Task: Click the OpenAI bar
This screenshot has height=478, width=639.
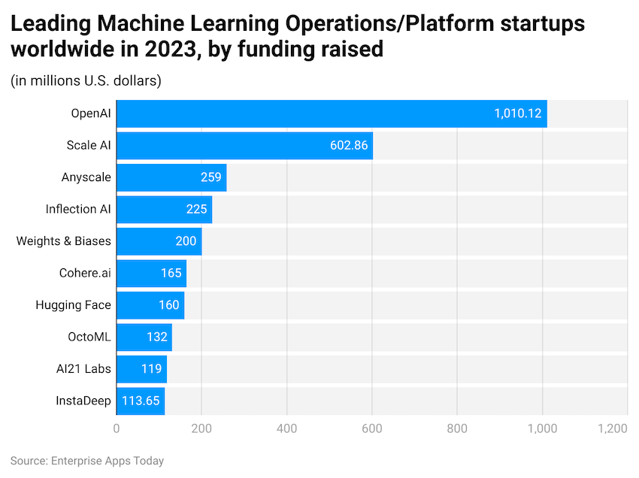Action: (332, 113)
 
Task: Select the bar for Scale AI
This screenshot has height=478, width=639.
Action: (244, 145)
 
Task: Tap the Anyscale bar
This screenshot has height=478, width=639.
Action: (171, 177)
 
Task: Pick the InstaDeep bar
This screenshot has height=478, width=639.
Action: (141, 401)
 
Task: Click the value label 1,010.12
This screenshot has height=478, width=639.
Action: (518, 113)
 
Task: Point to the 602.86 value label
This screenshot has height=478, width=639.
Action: (349, 145)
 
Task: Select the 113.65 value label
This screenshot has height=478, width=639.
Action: (141, 401)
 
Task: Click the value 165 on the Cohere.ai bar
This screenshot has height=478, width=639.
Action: (171, 273)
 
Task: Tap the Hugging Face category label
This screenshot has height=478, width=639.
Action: (73, 305)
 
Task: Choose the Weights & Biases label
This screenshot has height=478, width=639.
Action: (64, 241)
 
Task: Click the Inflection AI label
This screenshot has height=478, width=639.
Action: (78, 209)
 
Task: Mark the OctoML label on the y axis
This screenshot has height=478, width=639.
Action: (89, 337)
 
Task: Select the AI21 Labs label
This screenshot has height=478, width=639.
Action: (83, 369)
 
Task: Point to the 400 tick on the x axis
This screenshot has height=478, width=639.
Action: (286, 428)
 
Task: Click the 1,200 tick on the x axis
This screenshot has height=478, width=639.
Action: (612, 428)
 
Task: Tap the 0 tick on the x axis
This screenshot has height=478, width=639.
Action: (117, 428)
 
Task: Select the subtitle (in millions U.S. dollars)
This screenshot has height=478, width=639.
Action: (86, 80)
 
